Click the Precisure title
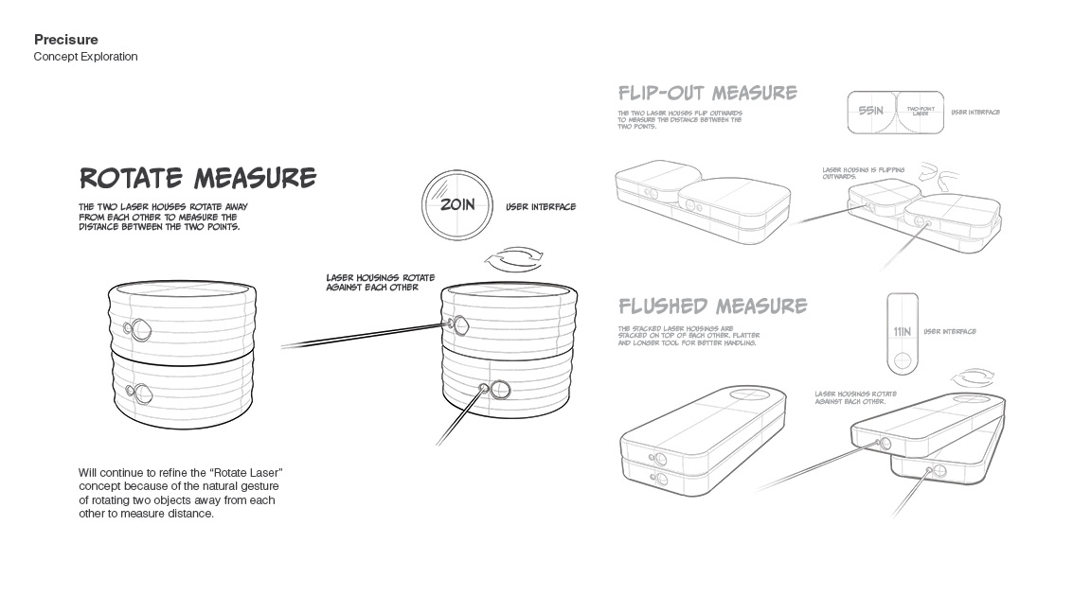point(65,40)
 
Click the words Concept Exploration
point(85,57)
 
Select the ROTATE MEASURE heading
point(197,178)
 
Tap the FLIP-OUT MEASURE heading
point(706,93)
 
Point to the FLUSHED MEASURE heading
point(712,306)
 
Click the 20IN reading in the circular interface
point(456,204)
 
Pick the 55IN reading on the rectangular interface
point(870,112)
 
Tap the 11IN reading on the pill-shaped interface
point(902,332)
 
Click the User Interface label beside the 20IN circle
point(540,207)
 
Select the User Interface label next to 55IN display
point(975,112)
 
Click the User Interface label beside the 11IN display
point(949,332)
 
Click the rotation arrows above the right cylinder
point(512,258)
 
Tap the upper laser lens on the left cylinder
point(141,329)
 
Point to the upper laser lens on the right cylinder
point(460,325)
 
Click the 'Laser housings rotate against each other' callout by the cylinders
point(380,282)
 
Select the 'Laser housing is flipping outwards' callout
point(863,173)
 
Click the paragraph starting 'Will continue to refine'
point(180,493)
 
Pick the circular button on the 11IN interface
point(903,360)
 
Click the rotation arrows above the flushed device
point(977,377)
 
